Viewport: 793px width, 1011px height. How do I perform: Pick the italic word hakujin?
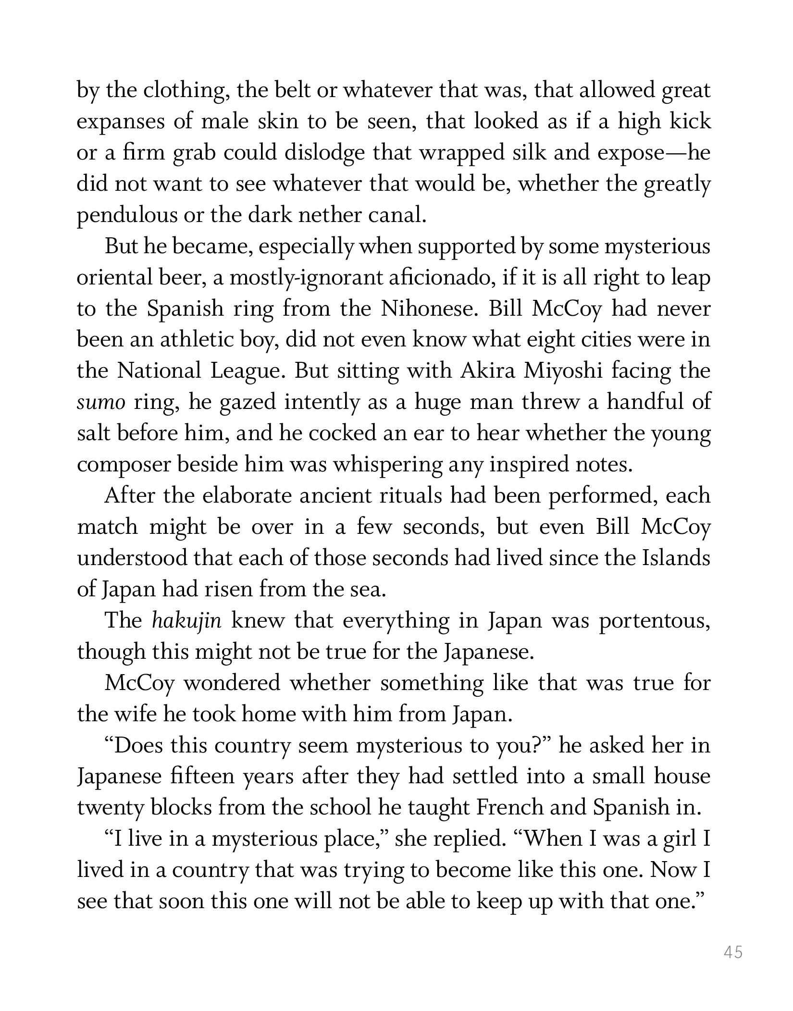pos(186,620)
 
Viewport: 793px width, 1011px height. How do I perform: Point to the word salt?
pos(92,433)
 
